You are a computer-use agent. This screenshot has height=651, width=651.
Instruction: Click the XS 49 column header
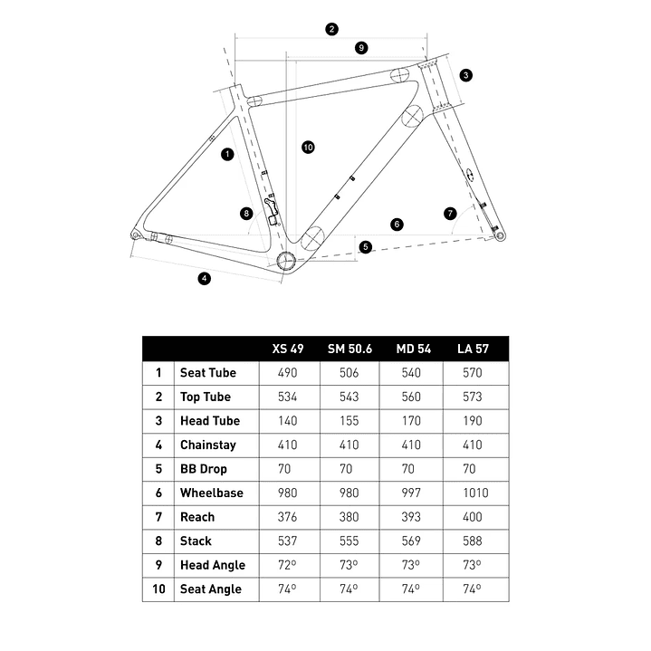point(287,349)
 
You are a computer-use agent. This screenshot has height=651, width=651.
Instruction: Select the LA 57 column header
point(474,349)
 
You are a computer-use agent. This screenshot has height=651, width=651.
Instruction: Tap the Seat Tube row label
point(207,372)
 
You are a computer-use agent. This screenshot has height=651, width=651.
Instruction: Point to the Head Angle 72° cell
point(287,565)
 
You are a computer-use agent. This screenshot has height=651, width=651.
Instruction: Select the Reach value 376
point(287,517)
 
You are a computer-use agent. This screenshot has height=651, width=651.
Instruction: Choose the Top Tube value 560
point(410,397)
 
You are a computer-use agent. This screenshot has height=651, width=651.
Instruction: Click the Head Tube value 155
point(349,420)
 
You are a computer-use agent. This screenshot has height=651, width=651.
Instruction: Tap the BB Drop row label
point(203,469)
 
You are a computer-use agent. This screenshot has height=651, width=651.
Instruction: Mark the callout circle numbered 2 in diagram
point(332,29)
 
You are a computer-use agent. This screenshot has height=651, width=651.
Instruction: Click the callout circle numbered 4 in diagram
point(205,278)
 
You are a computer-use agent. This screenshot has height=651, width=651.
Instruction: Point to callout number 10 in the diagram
point(308,147)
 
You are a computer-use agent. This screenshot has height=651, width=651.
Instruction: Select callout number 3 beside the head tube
point(465,74)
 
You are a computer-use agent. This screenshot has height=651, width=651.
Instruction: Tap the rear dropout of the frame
point(137,234)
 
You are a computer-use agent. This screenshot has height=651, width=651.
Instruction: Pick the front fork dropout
point(496,235)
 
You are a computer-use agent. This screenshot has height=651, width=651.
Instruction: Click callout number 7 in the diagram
point(450,214)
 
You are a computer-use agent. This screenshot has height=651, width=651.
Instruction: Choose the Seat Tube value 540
point(410,372)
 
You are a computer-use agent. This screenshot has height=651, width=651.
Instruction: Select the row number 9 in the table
point(158,565)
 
